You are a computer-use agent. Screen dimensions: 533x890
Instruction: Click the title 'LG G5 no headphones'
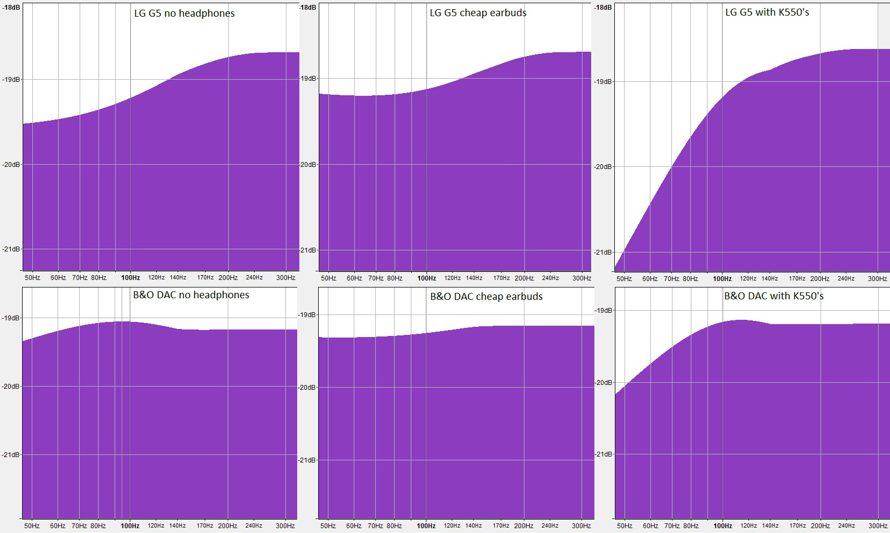click(184, 13)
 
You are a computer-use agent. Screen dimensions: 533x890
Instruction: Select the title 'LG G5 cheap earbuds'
click(478, 13)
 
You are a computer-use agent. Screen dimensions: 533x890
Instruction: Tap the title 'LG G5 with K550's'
click(767, 12)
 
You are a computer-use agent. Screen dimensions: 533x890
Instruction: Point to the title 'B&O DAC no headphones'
click(191, 295)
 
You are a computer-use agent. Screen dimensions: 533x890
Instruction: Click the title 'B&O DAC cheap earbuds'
click(486, 297)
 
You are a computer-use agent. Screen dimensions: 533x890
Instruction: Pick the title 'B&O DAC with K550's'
click(774, 296)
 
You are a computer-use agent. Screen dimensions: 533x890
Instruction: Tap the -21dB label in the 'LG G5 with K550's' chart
click(603, 253)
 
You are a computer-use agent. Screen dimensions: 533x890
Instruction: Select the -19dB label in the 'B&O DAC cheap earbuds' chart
click(307, 315)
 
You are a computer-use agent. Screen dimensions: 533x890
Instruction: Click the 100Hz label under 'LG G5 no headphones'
click(130, 278)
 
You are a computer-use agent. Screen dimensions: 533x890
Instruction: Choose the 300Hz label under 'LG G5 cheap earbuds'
click(581, 278)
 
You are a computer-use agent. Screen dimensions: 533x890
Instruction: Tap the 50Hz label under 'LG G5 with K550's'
click(624, 279)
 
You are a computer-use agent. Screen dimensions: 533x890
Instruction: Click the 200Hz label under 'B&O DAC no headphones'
click(228, 526)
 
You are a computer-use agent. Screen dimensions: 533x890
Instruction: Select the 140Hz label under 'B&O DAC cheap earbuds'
click(474, 526)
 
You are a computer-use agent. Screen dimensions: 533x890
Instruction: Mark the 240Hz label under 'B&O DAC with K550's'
click(846, 526)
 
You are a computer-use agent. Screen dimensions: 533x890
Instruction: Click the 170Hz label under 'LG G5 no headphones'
click(205, 278)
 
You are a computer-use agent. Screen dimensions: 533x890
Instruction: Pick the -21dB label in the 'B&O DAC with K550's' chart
click(603, 454)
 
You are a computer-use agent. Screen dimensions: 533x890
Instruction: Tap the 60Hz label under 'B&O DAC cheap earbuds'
click(354, 526)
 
